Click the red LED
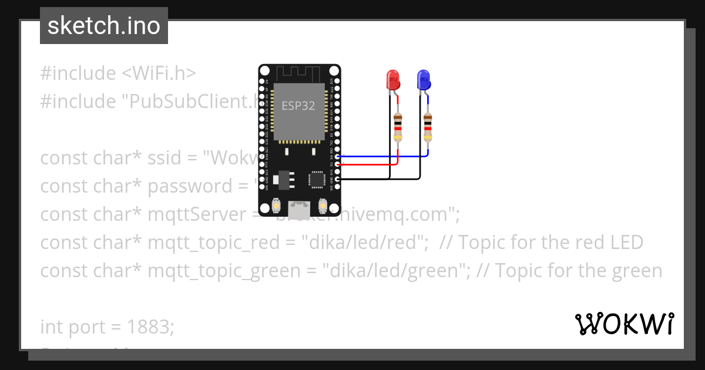[x=392, y=80]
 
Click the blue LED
[x=423, y=80]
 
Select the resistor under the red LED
[x=398, y=127]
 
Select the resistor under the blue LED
[x=428, y=127]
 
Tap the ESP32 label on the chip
[x=298, y=106]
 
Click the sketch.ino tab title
[x=104, y=26]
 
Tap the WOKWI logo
[x=624, y=324]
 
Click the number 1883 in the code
[x=150, y=327]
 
